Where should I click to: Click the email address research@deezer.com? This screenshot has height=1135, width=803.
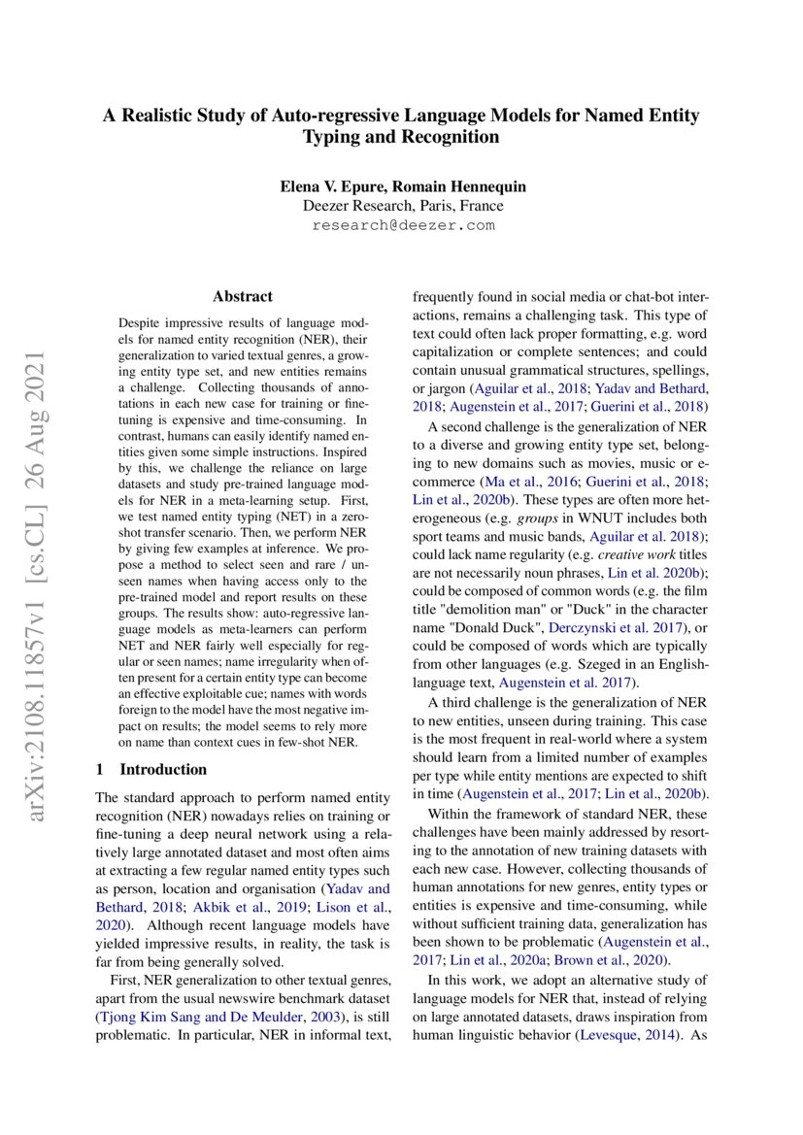point(402,224)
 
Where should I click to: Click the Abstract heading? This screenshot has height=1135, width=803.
point(243,296)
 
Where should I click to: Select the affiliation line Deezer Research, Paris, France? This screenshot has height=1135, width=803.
point(402,206)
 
